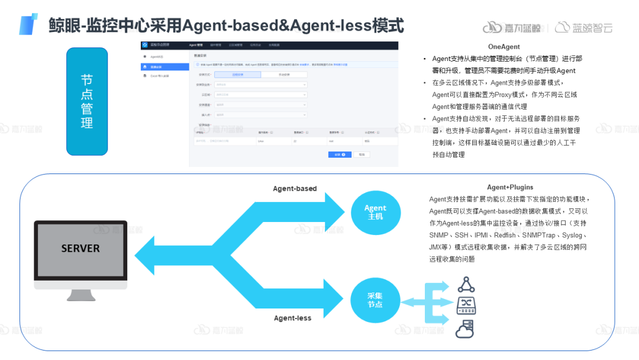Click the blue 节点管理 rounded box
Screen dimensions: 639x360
coord(87,101)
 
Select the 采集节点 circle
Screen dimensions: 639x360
coord(375,300)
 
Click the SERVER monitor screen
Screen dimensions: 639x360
coord(80,249)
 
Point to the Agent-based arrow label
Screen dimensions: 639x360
coord(295,189)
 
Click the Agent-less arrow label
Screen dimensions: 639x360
coord(292,318)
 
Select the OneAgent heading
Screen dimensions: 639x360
coord(504,47)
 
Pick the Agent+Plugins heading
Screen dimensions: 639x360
coord(510,187)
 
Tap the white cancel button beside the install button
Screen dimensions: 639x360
coord(362,154)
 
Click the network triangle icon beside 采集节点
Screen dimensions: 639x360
coord(466,285)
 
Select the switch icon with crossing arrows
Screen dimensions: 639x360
coord(466,306)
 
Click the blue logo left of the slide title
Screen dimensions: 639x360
coord(28,24)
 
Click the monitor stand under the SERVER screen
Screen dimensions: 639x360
coord(80,294)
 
